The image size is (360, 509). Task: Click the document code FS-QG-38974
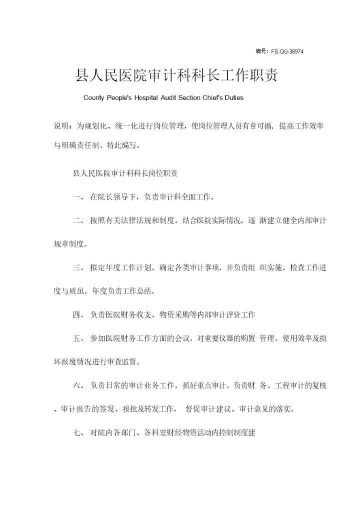click(287, 51)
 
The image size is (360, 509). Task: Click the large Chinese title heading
click(176, 76)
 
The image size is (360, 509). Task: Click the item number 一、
click(79, 197)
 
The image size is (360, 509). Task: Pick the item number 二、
click(79, 221)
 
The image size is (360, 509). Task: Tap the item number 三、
click(79, 268)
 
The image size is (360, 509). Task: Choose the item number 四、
click(79, 315)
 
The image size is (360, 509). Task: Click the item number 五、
click(79, 338)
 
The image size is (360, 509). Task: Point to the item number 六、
click(79, 385)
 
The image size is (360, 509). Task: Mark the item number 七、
click(79, 432)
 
